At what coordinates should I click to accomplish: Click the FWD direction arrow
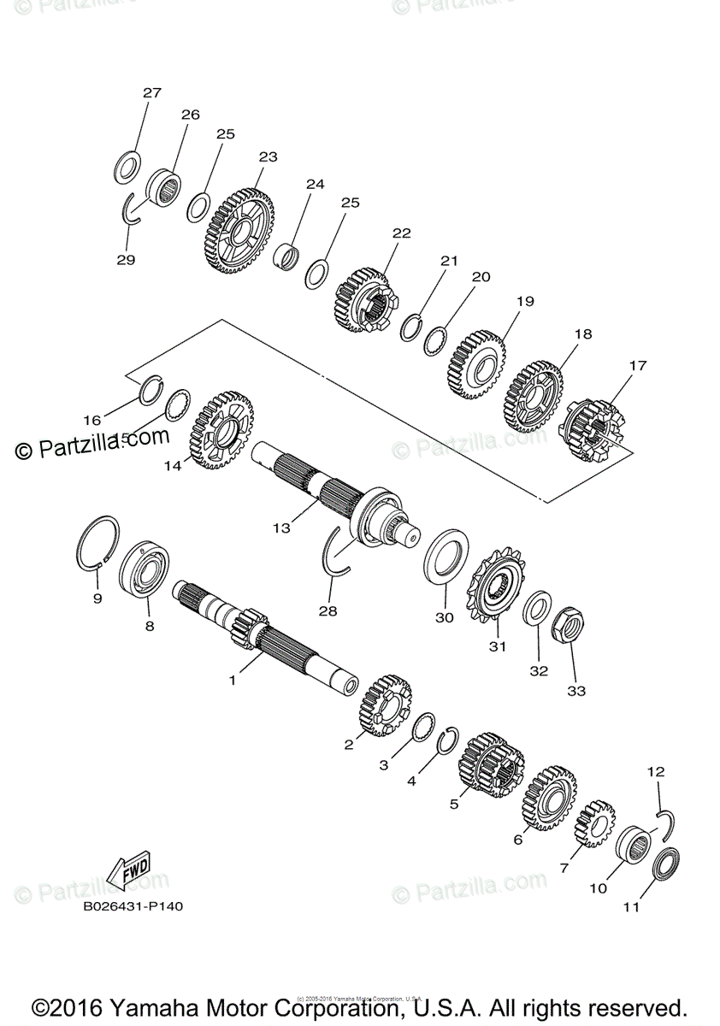pos(128,869)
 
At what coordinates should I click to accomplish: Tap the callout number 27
pos(151,92)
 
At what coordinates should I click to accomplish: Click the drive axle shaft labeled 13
pos(342,496)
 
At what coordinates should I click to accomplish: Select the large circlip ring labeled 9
pos(97,543)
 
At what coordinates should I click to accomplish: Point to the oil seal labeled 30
pos(446,557)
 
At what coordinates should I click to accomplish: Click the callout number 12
pos(656,771)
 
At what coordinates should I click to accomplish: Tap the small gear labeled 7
pos(595,822)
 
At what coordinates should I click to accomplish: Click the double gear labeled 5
pos(490,764)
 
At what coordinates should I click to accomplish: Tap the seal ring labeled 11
pos(666,865)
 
